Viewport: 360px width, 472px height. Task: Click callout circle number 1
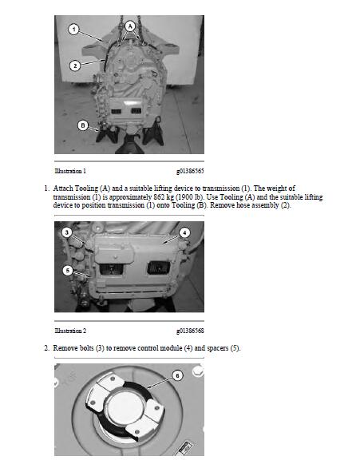point(73,30)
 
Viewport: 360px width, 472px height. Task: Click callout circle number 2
point(74,65)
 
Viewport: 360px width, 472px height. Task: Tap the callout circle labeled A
point(130,26)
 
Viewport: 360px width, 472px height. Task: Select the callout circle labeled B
point(82,125)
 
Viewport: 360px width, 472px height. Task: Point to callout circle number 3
point(67,232)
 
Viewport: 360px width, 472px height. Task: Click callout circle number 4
point(184,232)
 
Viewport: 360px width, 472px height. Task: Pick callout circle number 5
point(68,270)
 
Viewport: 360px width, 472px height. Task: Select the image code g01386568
point(189,330)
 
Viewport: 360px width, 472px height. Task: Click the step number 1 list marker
point(46,187)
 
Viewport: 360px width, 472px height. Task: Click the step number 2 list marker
point(46,348)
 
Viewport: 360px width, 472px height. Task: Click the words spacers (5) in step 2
point(218,348)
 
